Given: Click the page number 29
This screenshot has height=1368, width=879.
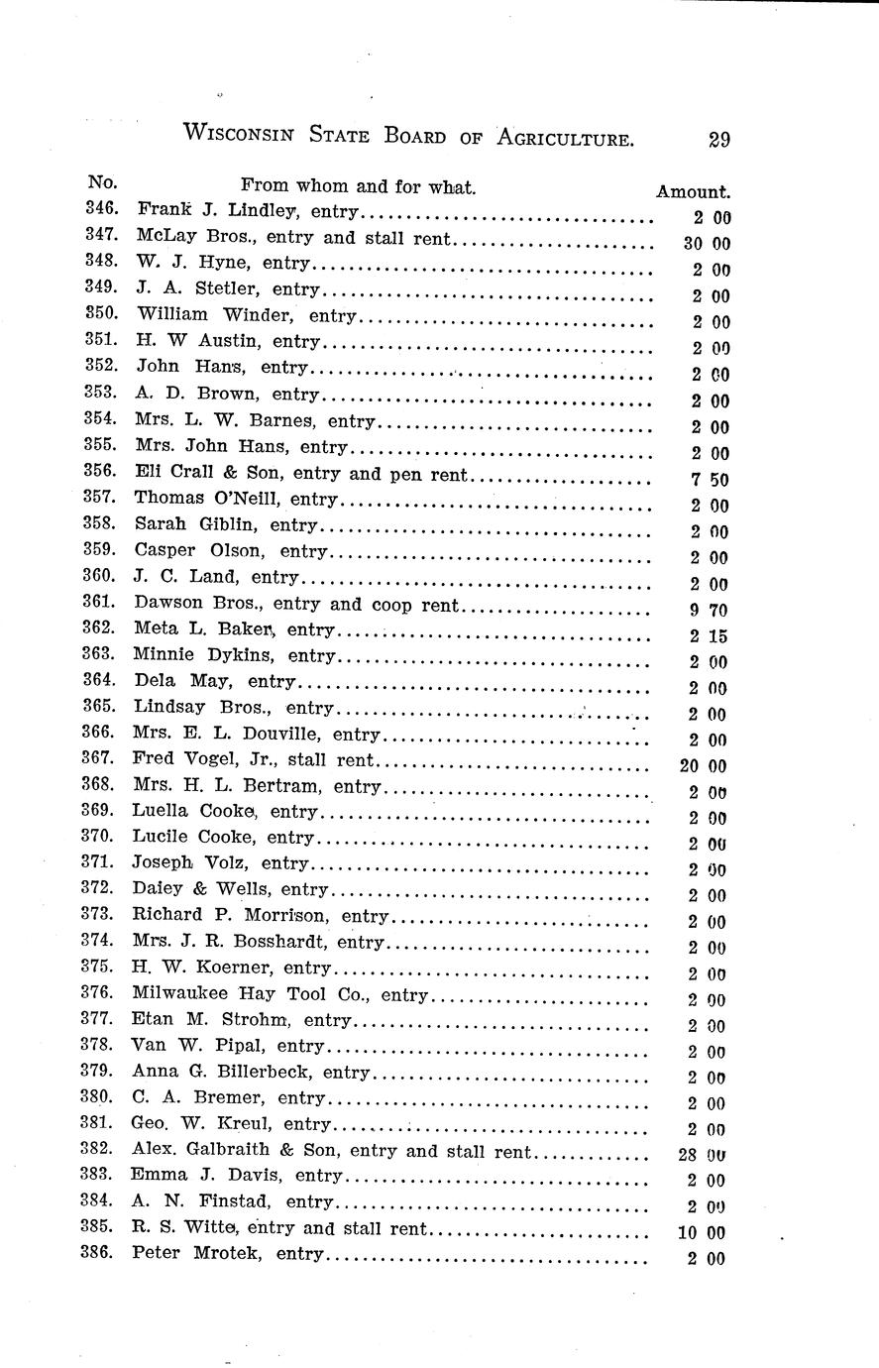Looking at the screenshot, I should tap(719, 140).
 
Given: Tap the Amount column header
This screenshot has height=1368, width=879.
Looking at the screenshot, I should tap(693, 192).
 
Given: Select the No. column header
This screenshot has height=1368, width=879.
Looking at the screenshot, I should tap(102, 182).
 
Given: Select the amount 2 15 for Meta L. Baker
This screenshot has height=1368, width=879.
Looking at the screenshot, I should tap(711, 636).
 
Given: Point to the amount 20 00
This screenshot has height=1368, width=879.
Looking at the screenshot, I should tap(705, 766).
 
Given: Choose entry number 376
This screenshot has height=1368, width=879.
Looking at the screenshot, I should tap(99, 992).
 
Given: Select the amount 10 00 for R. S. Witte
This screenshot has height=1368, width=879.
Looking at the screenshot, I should tap(705, 1233).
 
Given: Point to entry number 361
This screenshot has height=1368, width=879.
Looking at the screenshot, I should tap(100, 602).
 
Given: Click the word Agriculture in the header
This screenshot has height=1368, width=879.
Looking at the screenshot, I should tap(558, 139).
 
